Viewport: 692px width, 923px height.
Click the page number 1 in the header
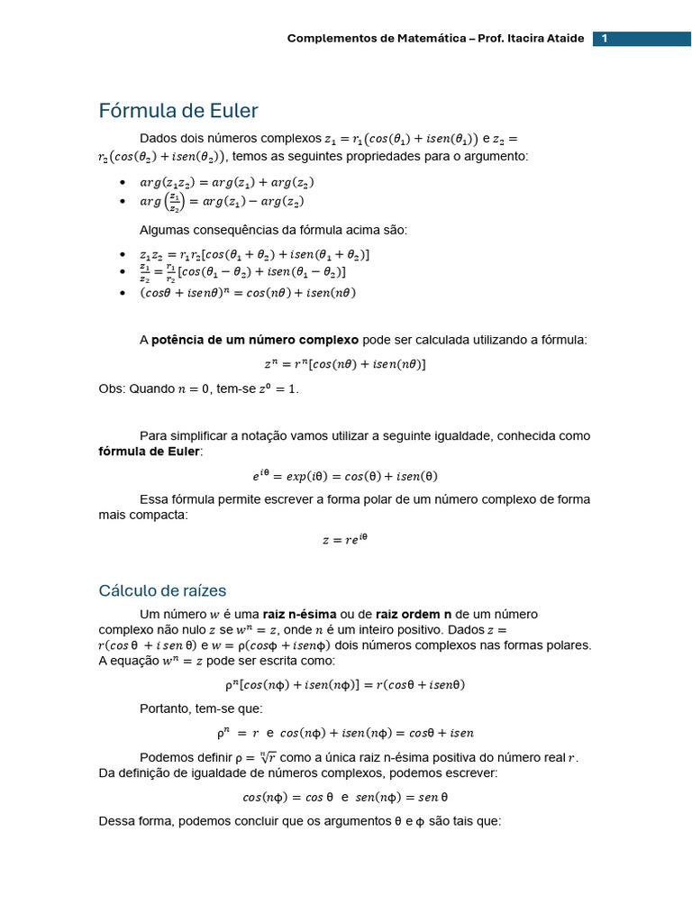pyautogui.click(x=605, y=39)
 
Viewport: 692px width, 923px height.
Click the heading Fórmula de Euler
pyautogui.click(x=178, y=111)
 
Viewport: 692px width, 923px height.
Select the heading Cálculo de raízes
pyautogui.click(x=162, y=590)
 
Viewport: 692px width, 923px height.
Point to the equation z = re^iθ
pyautogui.click(x=345, y=540)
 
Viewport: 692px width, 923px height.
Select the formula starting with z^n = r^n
pyautogui.click(x=345, y=364)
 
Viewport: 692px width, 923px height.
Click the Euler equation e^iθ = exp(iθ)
pyautogui.click(x=345, y=476)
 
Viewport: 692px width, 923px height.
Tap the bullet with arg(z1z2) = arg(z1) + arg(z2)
pyautogui.click(x=226, y=182)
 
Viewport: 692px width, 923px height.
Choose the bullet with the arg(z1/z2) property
pyautogui.click(x=222, y=201)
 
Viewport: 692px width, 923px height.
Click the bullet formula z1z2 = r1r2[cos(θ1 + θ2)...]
pyautogui.click(x=254, y=254)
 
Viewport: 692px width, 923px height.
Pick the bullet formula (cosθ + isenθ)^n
pyautogui.click(x=248, y=293)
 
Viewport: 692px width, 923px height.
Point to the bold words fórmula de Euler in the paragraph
pyautogui.click(x=150, y=451)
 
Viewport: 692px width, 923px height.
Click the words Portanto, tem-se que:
pyautogui.click(x=201, y=708)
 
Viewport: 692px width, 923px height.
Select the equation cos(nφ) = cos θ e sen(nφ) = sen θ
pyautogui.click(x=345, y=797)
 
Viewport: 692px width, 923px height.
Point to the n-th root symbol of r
pyautogui.click(x=267, y=757)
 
